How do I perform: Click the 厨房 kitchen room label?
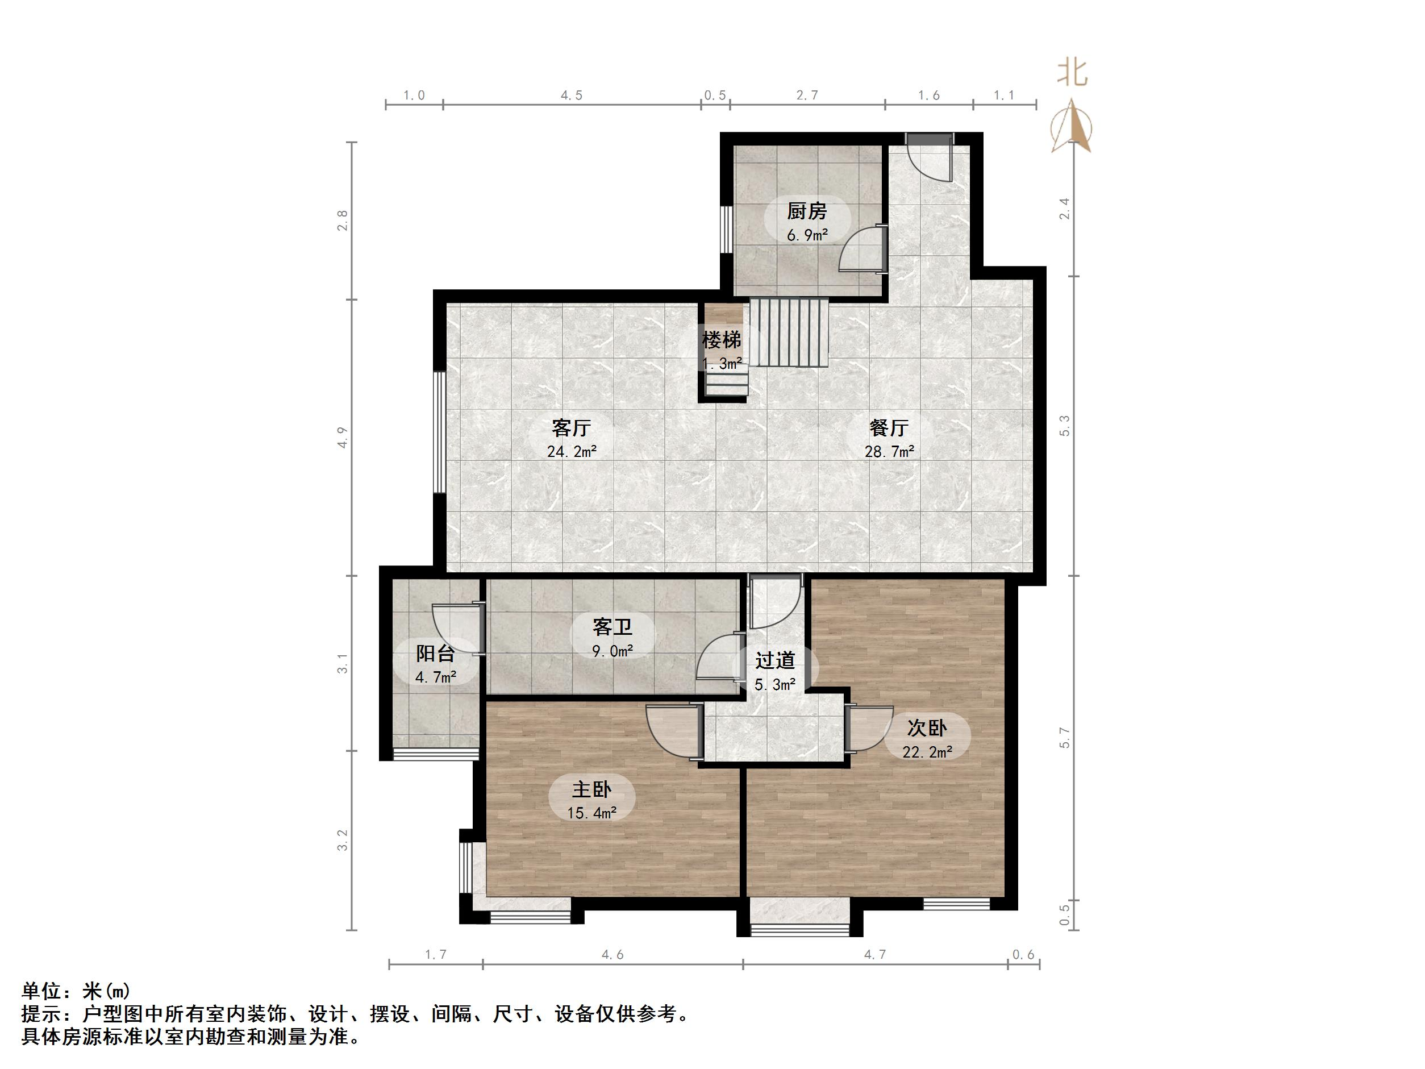pyautogui.click(x=807, y=211)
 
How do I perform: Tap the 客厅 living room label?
pyautogui.click(x=571, y=428)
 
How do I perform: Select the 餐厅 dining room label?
pyautogui.click(x=889, y=428)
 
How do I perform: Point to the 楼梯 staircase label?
pyautogui.click(x=721, y=340)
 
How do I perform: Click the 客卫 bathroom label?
pyautogui.click(x=612, y=626)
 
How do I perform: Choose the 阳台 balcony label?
pyautogui.click(x=435, y=654)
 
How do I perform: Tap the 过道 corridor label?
pyautogui.click(x=775, y=660)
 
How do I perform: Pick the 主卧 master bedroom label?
pyautogui.click(x=591, y=789)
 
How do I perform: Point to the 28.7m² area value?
pyautogui.click(x=889, y=452)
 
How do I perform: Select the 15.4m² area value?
pyautogui.click(x=591, y=813)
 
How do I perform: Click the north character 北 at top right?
pyautogui.click(x=1072, y=73)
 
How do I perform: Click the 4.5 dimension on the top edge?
pyautogui.click(x=571, y=95)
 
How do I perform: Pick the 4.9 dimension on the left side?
pyautogui.click(x=343, y=438)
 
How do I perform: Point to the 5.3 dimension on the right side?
pyautogui.click(x=1064, y=426)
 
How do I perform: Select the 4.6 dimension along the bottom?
pyautogui.click(x=612, y=955)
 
